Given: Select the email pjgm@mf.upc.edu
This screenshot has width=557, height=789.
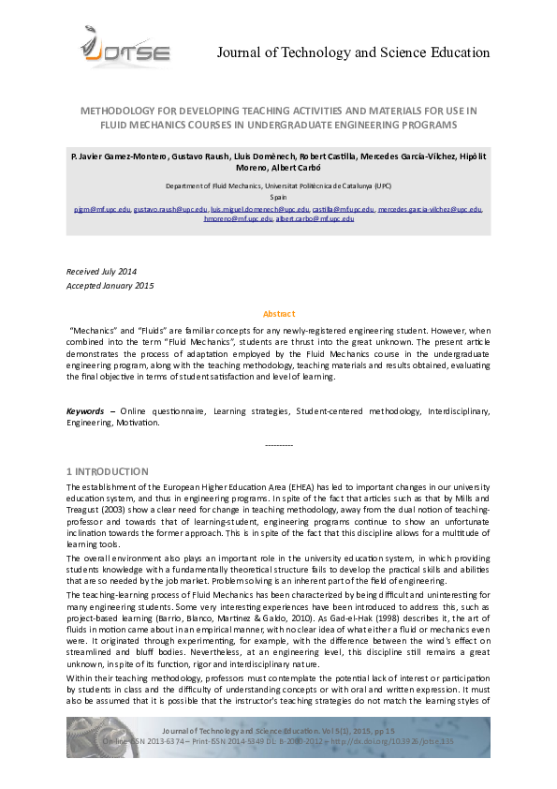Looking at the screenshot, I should (101, 209).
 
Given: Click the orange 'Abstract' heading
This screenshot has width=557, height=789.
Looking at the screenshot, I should (278, 314).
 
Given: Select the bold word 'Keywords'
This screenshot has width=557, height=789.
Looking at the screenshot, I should (84, 410).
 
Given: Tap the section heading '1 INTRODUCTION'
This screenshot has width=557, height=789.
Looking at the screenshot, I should (107, 470).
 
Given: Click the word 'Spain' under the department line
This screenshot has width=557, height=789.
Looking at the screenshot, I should (278, 199).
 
